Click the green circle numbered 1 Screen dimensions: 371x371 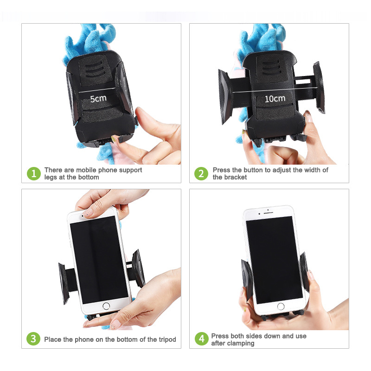(34, 173)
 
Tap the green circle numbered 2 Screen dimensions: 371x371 (201, 173)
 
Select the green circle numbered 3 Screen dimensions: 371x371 (33, 339)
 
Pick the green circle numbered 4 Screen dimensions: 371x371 (202, 339)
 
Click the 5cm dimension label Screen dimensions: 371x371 (98, 99)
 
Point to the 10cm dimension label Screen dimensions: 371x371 (275, 99)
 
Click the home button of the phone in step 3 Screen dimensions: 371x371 (106, 306)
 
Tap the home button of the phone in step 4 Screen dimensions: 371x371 (281, 307)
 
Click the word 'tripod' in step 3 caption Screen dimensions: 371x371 (167, 339)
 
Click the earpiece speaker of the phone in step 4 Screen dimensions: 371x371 (269, 213)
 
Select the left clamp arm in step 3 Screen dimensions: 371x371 (64, 283)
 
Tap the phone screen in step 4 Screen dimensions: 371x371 (274, 260)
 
